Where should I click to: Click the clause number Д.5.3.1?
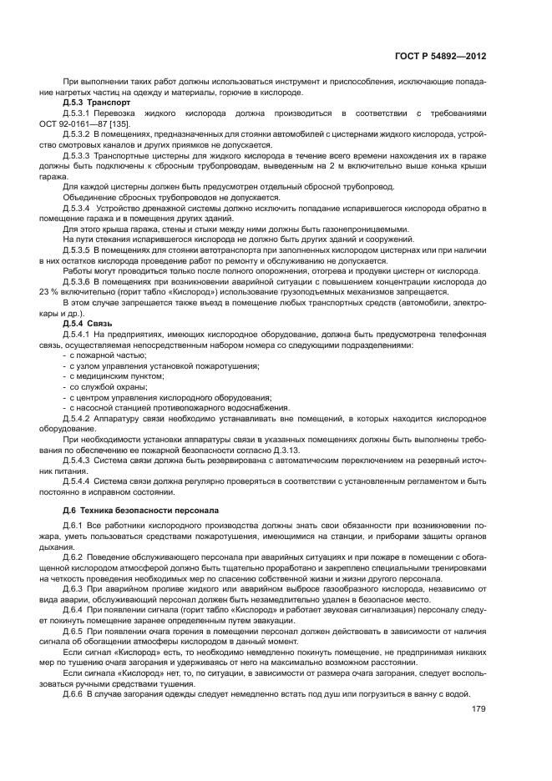pos(77,113)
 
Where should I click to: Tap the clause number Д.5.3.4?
pos(77,207)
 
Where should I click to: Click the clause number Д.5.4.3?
pos(77,460)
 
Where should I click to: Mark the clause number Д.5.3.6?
pos(77,282)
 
